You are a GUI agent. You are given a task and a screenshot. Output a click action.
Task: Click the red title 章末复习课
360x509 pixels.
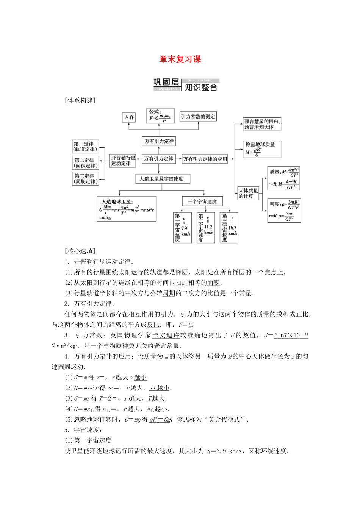tap(180, 59)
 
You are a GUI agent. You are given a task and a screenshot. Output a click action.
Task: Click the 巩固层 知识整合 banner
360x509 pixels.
tap(186, 85)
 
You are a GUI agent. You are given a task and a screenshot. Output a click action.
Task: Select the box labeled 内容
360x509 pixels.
tap(129, 117)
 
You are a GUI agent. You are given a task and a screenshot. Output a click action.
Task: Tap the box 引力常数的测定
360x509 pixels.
tap(198, 117)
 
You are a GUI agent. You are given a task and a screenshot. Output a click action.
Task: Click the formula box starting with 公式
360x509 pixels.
tap(160, 116)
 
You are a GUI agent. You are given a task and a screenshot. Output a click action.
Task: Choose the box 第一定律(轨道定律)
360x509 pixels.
tap(86, 147)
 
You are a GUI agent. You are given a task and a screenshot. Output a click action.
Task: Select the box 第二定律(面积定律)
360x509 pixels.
tap(86, 163)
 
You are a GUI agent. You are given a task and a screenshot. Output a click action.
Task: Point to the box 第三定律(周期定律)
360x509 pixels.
tap(86, 178)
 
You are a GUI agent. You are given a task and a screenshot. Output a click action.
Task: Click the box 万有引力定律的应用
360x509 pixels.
tap(205, 159)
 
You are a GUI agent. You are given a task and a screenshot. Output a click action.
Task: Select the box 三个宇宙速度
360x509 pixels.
tap(202, 201)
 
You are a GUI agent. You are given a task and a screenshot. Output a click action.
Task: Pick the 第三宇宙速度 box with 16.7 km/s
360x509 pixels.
tap(229, 227)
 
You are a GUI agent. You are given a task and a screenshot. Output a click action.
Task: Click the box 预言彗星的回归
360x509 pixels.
tap(262, 124)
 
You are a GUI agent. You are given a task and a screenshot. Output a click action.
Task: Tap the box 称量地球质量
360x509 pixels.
tap(262, 149)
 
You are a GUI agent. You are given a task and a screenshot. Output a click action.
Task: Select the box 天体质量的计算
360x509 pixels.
tap(248, 193)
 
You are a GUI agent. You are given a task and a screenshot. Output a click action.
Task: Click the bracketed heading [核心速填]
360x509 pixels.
tap(80, 251)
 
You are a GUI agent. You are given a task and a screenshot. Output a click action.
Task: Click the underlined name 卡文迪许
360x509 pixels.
tap(166, 336)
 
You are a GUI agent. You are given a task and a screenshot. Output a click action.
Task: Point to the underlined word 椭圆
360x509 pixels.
tap(182, 272)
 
